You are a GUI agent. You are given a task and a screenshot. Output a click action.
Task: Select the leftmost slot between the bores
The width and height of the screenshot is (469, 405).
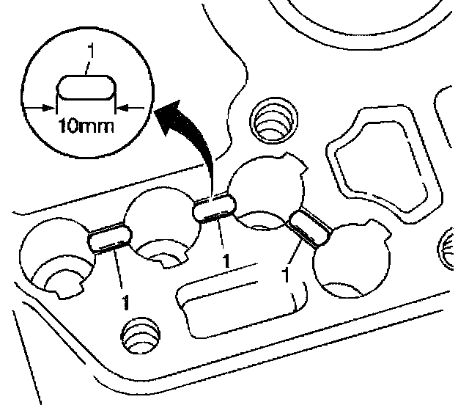[109, 239]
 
